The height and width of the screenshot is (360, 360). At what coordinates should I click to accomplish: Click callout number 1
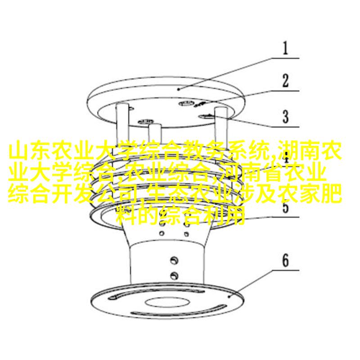point(285,48)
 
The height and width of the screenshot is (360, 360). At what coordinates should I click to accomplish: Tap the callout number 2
point(285,81)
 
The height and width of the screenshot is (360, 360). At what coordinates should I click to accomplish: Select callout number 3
point(285,117)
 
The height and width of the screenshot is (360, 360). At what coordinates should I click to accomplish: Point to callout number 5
point(285,206)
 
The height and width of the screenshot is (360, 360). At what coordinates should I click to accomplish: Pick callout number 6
point(285,261)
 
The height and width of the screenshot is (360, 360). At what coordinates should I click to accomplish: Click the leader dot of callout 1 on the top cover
point(179,89)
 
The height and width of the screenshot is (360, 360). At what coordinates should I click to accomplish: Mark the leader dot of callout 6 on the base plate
point(229,297)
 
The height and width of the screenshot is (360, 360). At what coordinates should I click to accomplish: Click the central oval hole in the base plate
point(167,302)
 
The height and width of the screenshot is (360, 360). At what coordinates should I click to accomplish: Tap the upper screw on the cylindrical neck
point(174,260)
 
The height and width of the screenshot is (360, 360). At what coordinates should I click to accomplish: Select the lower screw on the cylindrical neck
point(174,275)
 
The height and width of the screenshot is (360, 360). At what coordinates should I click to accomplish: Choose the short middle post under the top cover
point(155,133)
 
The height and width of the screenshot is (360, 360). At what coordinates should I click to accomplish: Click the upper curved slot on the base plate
point(156,294)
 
